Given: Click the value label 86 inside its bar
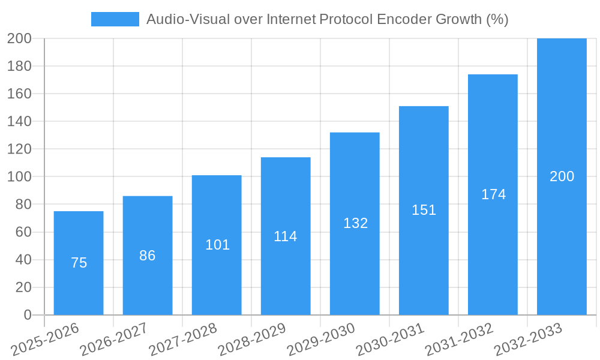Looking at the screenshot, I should tap(147, 256).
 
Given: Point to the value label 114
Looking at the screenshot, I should tap(286, 236).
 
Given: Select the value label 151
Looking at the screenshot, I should tap(424, 210).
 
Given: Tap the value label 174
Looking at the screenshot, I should tap(493, 194).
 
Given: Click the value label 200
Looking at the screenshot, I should tap(562, 176).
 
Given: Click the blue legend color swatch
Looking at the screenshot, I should tap(115, 19).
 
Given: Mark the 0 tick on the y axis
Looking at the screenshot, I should tap(27, 315).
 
